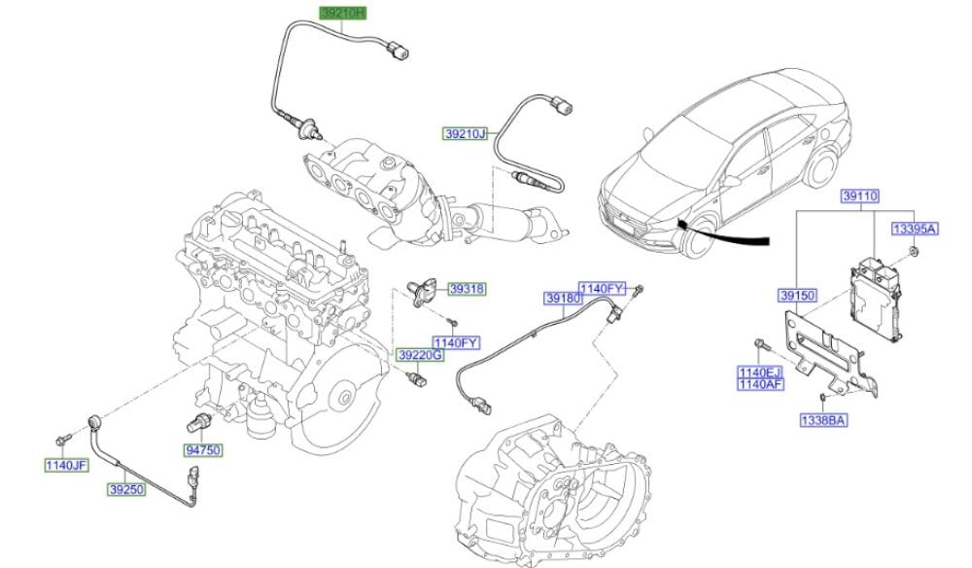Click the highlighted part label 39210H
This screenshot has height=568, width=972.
point(343,13)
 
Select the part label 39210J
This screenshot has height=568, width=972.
point(466,133)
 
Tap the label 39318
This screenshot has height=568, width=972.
point(467,289)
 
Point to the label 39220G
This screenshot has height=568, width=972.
point(420,355)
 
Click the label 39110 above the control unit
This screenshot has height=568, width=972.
point(860,196)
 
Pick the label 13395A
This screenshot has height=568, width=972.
point(915,229)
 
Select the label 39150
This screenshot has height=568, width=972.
point(798,296)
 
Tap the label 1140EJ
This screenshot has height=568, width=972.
point(760,373)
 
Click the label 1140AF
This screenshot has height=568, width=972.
point(760,384)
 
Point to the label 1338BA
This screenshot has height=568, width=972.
point(823,420)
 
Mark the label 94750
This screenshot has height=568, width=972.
point(203,450)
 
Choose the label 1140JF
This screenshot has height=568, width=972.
point(66,465)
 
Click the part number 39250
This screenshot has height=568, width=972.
point(126,489)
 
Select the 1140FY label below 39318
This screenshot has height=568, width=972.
point(456,343)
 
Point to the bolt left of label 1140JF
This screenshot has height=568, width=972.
point(62,440)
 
